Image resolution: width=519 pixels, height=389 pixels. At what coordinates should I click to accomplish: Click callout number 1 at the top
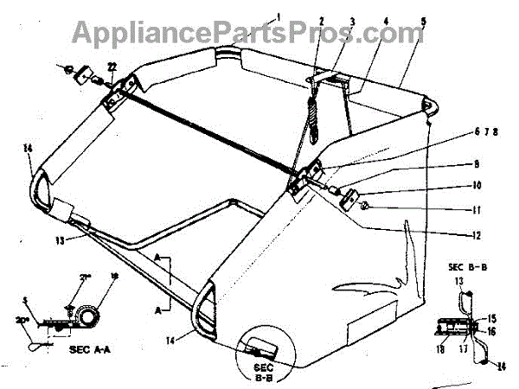280,16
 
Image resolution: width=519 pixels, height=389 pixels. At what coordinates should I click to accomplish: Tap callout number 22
112,68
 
